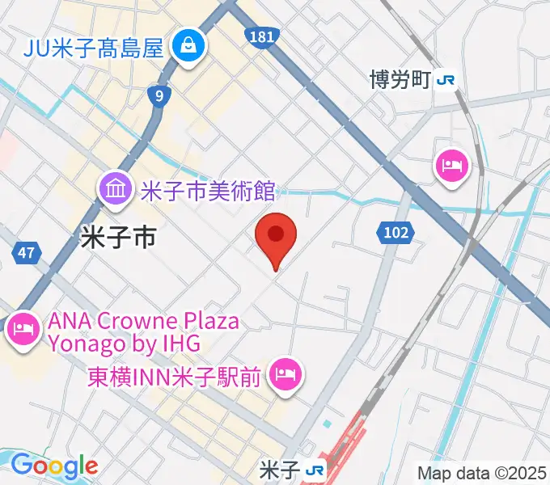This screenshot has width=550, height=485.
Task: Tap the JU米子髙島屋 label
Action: tap(94, 48)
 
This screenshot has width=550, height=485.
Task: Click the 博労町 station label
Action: tap(400, 79)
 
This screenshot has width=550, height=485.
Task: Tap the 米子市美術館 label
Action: tap(207, 192)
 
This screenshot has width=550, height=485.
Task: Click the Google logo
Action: tap(53, 466)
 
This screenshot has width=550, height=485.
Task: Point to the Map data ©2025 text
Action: tap(482, 472)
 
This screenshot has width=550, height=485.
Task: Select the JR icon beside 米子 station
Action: tap(315, 470)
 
